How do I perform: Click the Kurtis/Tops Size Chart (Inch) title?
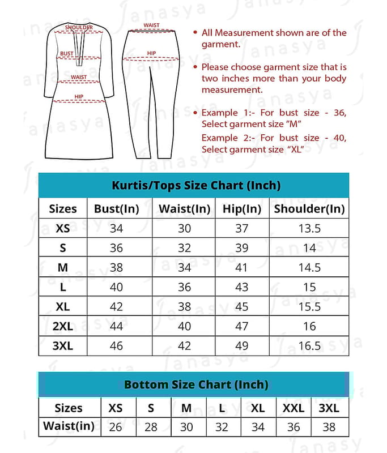coord(196,185)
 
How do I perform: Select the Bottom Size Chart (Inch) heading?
coord(196,384)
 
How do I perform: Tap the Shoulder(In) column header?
coord(309,208)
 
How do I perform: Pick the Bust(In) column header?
coord(116,208)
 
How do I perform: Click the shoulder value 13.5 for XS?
coord(309,229)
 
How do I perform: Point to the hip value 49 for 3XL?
coord(241,345)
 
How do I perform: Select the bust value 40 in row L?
coord(116,287)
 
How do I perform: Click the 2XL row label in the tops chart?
coord(62,326)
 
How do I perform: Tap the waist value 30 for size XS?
coord(185,229)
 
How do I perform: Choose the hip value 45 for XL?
coord(241,307)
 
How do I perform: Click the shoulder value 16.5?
coord(309,345)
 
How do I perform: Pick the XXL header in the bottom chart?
coord(294,408)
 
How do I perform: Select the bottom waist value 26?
coord(115,427)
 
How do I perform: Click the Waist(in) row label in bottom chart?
coord(69,426)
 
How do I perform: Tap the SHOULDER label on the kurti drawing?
coord(79,27)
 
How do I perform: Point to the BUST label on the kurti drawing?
coord(67,54)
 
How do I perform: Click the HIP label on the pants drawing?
coord(151,54)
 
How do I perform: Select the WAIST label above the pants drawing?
coord(151,25)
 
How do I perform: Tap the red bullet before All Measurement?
coord(195,33)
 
